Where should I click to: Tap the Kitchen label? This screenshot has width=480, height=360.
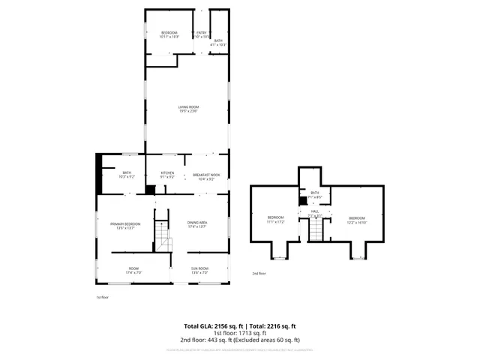pos(167,175)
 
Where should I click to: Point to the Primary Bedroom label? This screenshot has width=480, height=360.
pos(125,226)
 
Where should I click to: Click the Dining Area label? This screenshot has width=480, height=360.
pos(197,224)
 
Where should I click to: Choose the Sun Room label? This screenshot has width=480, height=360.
pos(199,270)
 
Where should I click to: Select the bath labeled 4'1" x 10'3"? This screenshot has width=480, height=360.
pos(218,43)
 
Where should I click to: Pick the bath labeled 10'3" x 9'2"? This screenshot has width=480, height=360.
pos(126,175)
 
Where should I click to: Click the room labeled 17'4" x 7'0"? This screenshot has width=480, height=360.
pos(133,270)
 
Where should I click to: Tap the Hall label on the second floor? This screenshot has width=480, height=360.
pos(315,213)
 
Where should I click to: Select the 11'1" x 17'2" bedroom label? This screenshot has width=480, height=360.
pos(276,220)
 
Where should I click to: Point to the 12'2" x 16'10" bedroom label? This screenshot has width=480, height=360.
pos(356,220)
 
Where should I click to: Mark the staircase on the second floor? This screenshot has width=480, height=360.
pos(316,232)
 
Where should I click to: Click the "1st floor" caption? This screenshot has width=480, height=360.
pos(103,298)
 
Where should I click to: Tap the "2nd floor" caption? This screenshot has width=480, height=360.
pos(259,274)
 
